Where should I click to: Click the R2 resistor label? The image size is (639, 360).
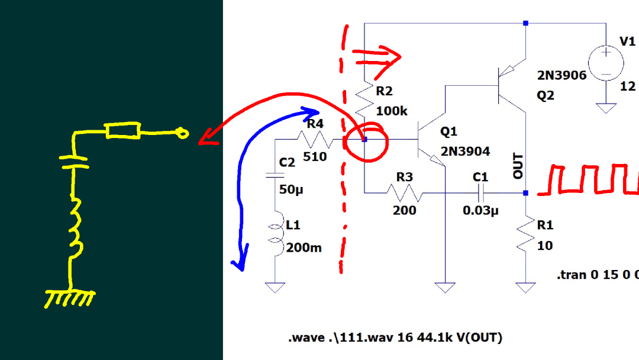point(384,91)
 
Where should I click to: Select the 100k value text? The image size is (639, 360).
point(392,111)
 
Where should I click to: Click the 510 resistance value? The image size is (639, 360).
point(315,157)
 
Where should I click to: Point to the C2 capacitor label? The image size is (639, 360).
point(287,162)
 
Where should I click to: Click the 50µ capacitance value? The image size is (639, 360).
point(290,189)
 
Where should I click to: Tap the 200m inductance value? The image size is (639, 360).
point(304,247)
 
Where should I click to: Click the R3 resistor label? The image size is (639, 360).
point(405,176)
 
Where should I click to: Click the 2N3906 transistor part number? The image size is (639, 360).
point(561,75)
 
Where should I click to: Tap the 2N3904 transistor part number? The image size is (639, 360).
point(465,152)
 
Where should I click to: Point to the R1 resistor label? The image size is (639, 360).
point(545,225)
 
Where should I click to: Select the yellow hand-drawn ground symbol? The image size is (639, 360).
point(70,298)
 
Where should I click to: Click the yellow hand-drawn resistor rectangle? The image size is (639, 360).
point(123,131)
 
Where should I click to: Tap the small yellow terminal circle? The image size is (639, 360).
point(183,134)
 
